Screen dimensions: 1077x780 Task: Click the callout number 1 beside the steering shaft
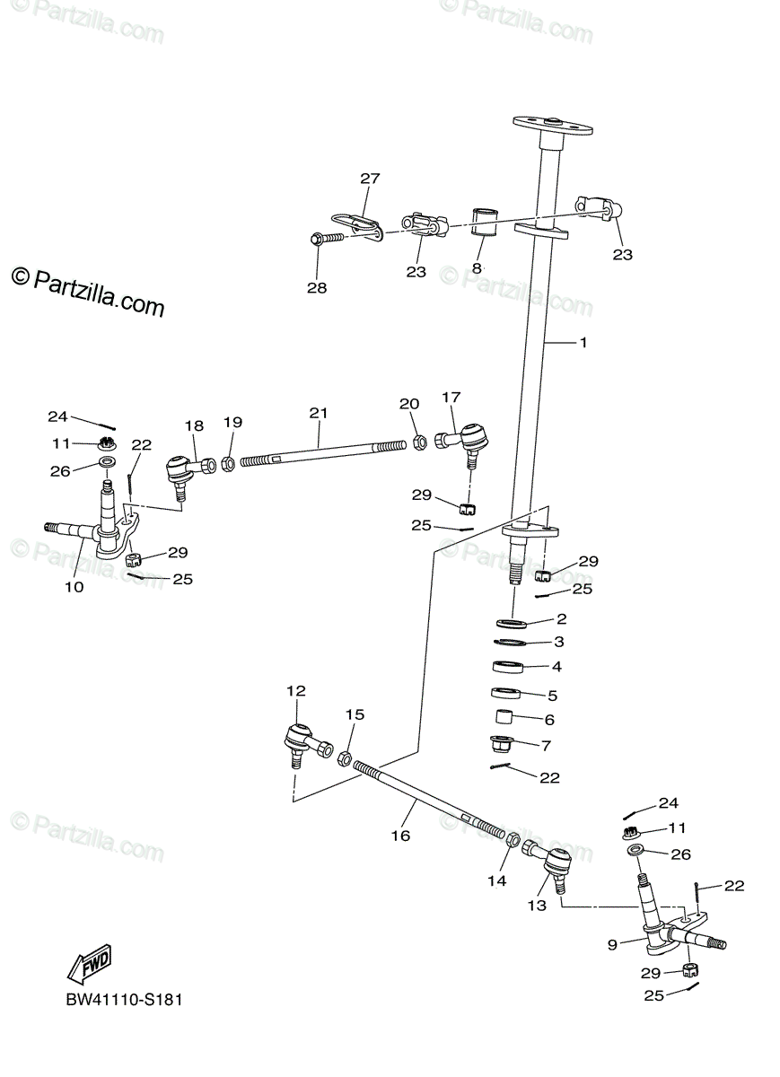[x=583, y=343]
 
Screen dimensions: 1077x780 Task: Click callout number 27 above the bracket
[x=371, y=179]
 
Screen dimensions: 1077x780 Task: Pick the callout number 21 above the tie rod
[x=319, y=413]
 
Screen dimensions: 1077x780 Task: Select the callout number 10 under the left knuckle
[x=74, y=587]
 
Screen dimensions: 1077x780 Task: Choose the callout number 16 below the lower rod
[x=400, y=836]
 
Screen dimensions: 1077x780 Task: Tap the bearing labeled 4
[x=510, y=668]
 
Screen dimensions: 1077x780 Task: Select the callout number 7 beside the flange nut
[x=546, y=745]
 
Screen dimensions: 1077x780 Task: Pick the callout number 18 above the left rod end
[x=195, y=425]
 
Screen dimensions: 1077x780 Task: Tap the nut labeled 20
[x=418, y=442]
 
